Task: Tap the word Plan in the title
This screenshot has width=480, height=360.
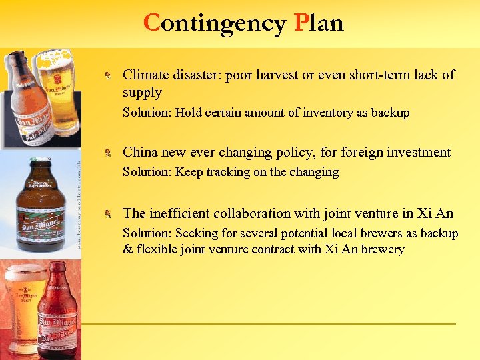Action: [x=319, y=23]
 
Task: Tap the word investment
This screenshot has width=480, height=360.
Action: [x=414, y=152]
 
